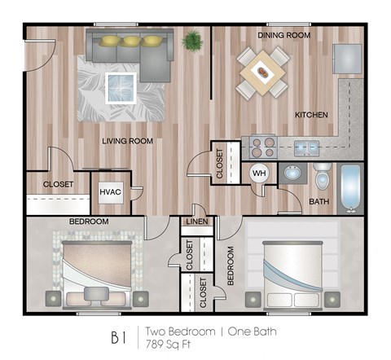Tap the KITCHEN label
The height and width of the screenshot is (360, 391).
click(x=310, y=115)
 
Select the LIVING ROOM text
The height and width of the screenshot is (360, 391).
click(x=129, y=141)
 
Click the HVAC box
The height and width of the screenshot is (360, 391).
click(x=110, y=192)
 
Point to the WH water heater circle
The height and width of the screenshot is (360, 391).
click(x=259, y=173)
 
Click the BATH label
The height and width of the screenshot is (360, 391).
click(x=318, y=202)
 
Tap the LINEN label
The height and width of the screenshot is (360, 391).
click(x=196, y=222)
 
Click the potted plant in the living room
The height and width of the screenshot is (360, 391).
click(x=193, y=39)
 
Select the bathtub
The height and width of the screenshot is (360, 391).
click(x=351, y=190)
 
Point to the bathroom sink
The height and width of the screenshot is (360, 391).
click(x=291, y=173)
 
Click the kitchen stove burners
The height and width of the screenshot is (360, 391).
click(x=261, y=147)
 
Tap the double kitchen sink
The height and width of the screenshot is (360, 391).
click(x=306, y=147)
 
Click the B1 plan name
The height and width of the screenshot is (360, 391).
click(x=119, y=336)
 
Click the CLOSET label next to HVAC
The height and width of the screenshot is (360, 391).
click(x=58, y=185)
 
